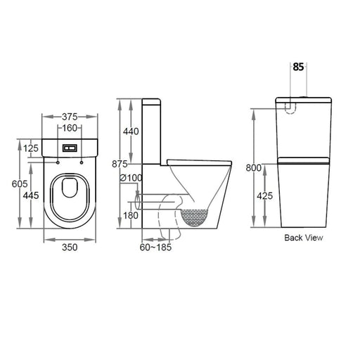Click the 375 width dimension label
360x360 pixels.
(70, 117)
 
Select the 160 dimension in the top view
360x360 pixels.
(70, 128)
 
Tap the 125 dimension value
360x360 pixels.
(31, 148)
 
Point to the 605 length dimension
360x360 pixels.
(20, 184)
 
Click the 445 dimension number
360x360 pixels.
(31, 195)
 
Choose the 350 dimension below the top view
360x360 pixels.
(70, 247)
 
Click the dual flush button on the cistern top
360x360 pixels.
(70, 148)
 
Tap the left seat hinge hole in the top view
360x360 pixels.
(58, 162)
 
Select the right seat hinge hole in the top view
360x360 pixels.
(82, 162)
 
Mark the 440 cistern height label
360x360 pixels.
(131, 131)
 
